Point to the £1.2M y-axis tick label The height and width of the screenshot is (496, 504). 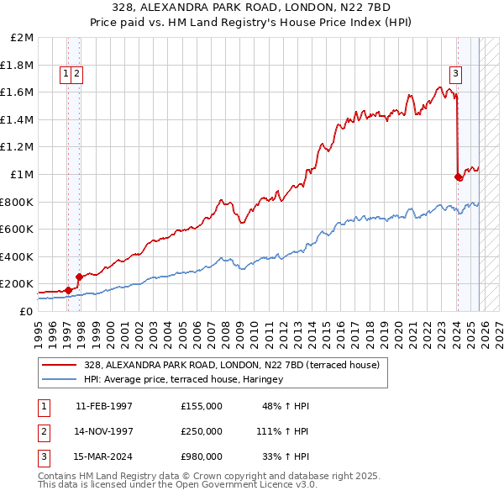click(x=18, y=147)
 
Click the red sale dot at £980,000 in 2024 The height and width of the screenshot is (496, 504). click(x=458, y=177)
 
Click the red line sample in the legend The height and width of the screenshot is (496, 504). click(x=60, y=365)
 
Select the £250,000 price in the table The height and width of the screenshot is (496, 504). click(x=201, y=430)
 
